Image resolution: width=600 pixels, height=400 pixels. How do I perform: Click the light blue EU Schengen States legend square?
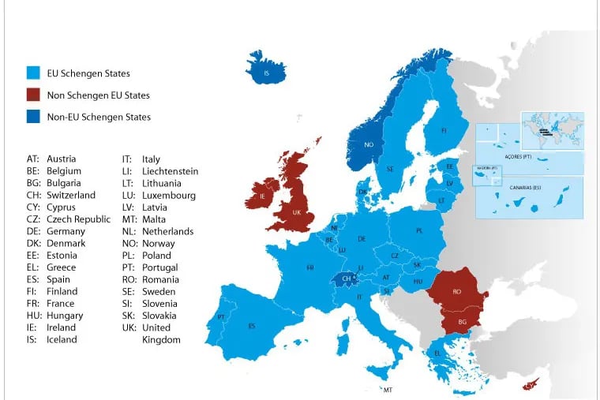pyautogui.click(x=32, y=73)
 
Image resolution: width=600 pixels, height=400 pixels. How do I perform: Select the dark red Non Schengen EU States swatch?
pyautogui.click(x=32, y=95)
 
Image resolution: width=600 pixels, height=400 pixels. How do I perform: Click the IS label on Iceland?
pyautogui.click(x=266, y=72)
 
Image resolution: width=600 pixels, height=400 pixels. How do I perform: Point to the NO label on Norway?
pyautogui.click(x=368, y=144)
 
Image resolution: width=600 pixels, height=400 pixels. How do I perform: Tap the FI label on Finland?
pyautogui.click(x=444, y=130)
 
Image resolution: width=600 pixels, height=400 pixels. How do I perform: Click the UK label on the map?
pyautogui.click(x=296, y=213)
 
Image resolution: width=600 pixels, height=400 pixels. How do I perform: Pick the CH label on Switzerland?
pyautogui.click(x=345, y=279)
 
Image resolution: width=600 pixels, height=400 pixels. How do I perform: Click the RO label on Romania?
pyautogui.click(x=456, y=291)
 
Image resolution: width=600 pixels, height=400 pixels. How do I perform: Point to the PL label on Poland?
pyautogui.click(x=419, y=230)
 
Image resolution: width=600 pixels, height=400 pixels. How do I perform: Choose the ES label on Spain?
pyautogui.click(x=252, y=326)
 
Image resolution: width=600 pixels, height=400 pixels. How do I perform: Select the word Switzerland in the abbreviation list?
pyautogui.click(x=71, y=196)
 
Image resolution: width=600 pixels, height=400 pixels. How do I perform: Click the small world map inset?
pyautogui.click(x=552, y=129)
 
